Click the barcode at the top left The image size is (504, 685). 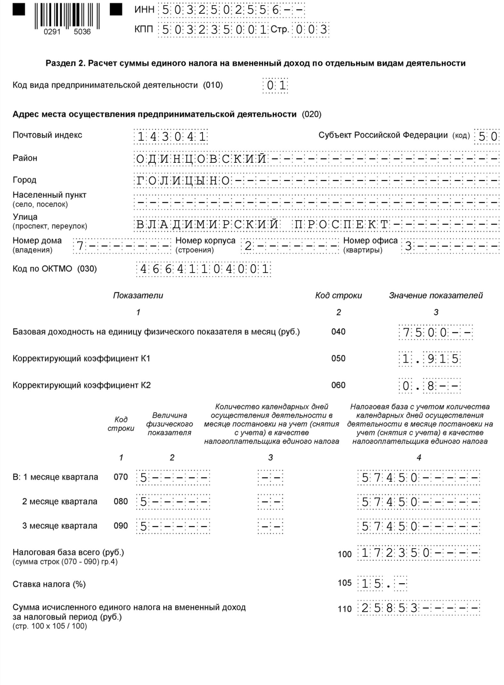67,16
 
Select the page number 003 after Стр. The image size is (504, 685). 310,30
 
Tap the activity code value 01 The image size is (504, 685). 275,86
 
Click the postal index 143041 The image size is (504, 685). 171,137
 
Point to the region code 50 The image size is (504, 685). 487,137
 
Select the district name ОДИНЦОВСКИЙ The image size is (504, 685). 201,159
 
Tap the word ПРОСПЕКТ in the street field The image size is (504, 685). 341,225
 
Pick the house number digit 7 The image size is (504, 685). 80,246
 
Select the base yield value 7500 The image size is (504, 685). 424,333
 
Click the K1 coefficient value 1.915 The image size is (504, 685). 430,359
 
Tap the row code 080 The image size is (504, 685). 121,501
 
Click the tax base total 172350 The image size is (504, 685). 395,553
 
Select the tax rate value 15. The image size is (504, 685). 371,584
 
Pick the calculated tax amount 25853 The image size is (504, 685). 389,608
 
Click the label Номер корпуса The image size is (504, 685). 205,241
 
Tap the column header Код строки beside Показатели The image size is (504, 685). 338,295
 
